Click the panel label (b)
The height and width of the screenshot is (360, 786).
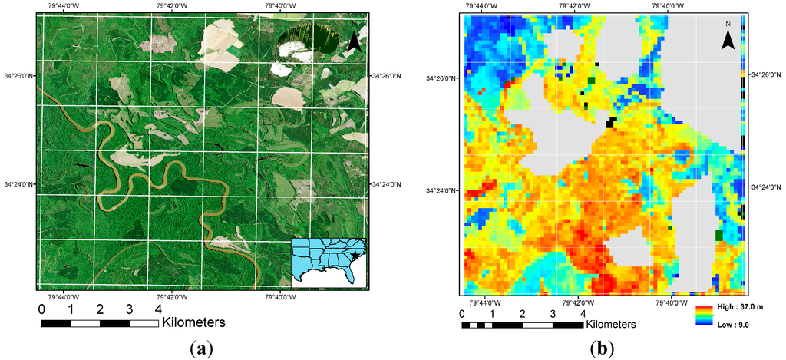[x=603, y=348]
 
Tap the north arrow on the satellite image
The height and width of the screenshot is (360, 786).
[x=353, y=41]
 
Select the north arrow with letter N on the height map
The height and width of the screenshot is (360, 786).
[x=728, y=38]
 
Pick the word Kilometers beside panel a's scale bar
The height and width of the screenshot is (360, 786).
[x=193, y=322]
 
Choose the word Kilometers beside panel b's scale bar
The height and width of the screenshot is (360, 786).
[x=613, y=325]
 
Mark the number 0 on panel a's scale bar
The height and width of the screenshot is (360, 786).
[x=41, y=309]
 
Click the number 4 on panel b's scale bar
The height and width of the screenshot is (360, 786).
[x=583, y=314]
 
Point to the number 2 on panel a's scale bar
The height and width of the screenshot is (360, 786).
[x=100, y=309]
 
